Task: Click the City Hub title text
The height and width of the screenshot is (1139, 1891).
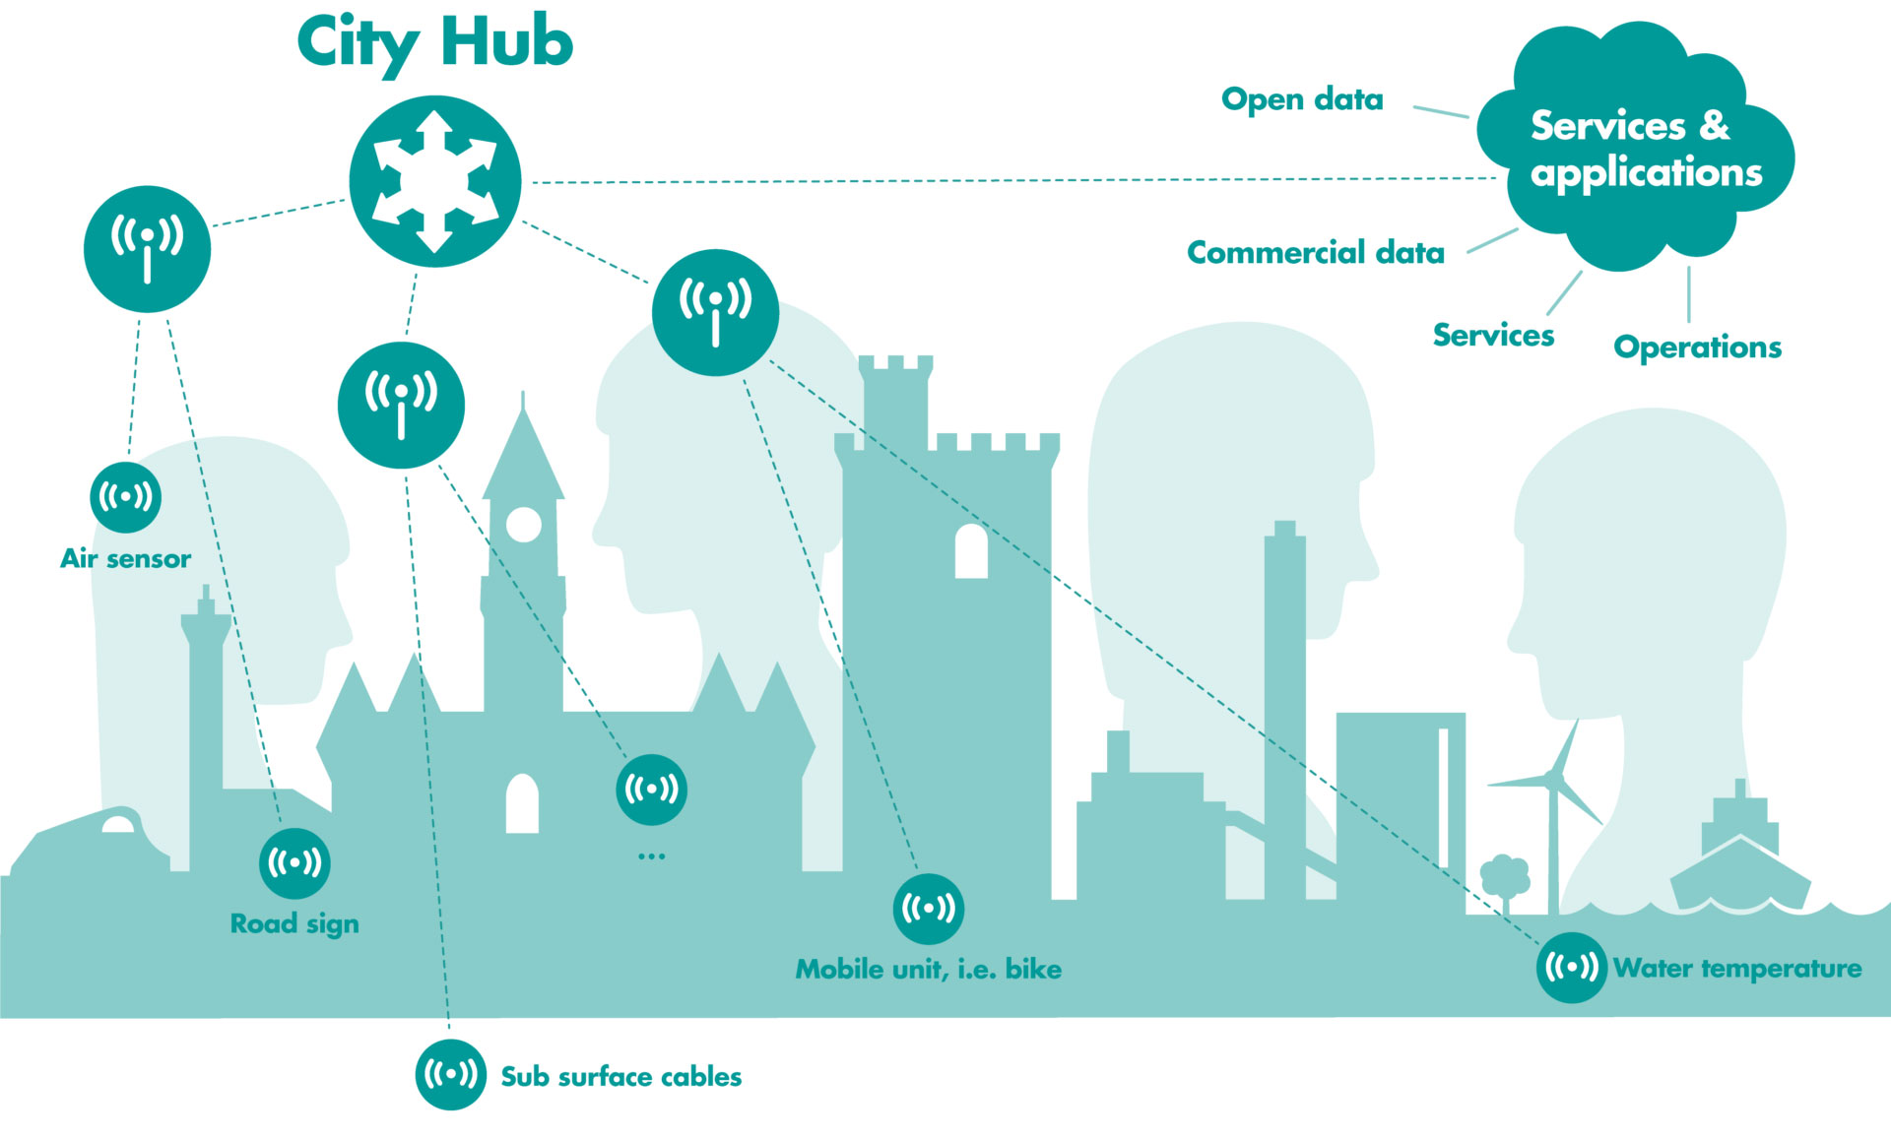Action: pyautogui.click(x=434, y=44)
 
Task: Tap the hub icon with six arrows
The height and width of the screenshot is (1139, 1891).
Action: pyautogui.click(x=435, y=181)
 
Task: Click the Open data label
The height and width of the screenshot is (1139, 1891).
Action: pyautogui.click(x=1302, y=99)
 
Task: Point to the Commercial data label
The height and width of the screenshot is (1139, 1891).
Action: pyautogui.click(x=1316, y=253)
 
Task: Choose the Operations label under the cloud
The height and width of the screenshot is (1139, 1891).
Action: pyautogui.click(x=1698, y=348)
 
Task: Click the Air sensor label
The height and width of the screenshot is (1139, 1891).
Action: pyautogui.click(x=126, y=558)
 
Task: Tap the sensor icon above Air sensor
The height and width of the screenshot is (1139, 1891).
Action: pyautogui.click(x=126, y=497)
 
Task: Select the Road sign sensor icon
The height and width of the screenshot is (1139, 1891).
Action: pyautogui.click(x=294, y=863)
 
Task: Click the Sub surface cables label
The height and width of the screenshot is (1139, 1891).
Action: pyautogui.click(x=621, y=1076)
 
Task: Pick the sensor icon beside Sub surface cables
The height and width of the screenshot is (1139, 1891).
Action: pyautogui.click(x=451, y=1075)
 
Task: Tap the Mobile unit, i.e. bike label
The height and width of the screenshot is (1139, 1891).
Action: pyautogui.click(x=929, y=970)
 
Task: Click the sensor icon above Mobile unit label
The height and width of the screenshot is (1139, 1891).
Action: pyautogui.click(x=929, y=909)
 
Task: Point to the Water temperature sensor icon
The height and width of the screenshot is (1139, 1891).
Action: pyautogui.click(x=1572, y=968)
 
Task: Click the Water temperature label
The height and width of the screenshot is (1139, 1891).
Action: pyautogui.click(x=1738, y=969)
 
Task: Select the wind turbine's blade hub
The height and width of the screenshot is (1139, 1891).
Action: pyautogui.click(x=1553, y=778)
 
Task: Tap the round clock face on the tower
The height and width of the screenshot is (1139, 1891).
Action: pyautogui.click(x=524, y=525)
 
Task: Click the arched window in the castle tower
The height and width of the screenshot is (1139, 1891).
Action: pyautogui.click(x=971, y=551)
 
